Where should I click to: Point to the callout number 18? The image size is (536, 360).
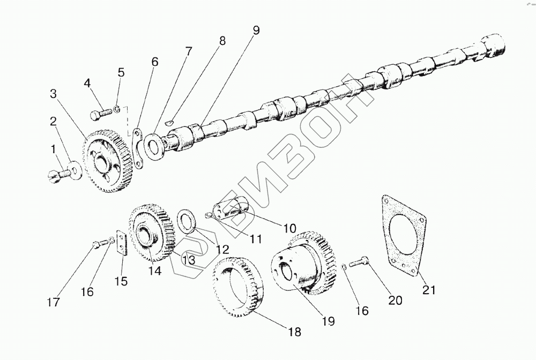294,331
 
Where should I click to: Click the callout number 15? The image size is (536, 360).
121,281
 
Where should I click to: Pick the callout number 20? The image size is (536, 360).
394,301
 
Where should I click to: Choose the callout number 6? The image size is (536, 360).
154,62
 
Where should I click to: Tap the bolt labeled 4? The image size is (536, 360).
102,114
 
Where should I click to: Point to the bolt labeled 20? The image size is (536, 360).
359,263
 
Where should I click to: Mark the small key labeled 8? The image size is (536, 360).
169,122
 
